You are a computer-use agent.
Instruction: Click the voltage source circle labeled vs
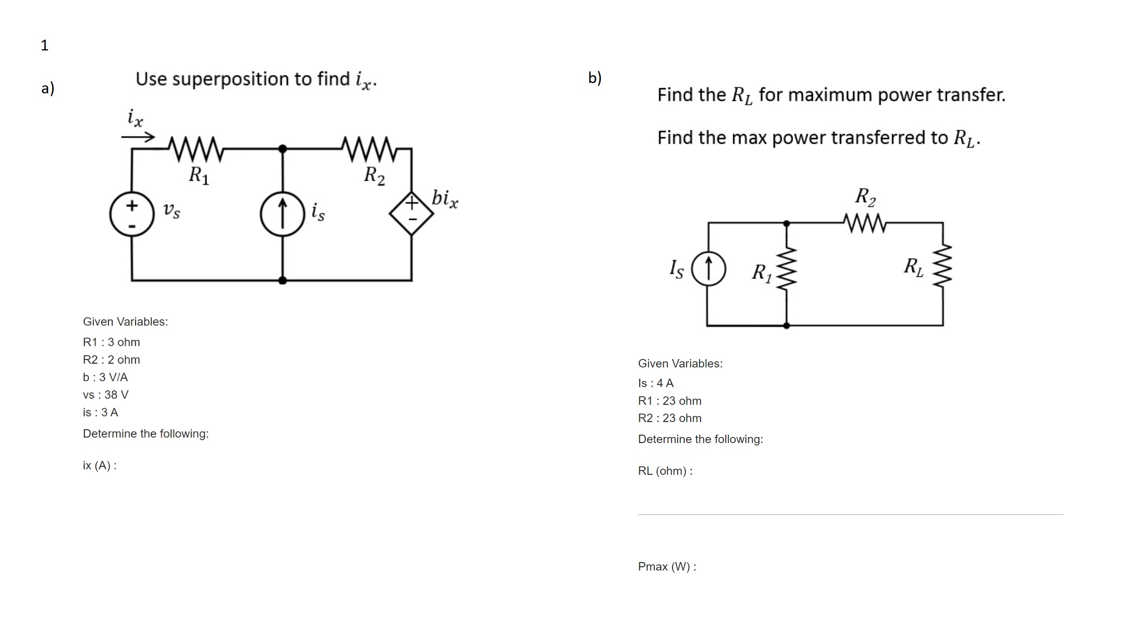132,214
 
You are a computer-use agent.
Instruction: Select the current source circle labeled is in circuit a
282,214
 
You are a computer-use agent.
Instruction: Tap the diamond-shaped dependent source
411,213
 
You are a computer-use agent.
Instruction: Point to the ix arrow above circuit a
137,137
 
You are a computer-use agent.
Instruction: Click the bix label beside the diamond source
445,198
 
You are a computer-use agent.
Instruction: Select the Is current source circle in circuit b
708,269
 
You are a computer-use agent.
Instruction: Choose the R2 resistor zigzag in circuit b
865,223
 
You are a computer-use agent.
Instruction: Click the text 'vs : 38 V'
106,395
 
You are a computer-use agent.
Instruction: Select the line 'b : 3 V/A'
105,377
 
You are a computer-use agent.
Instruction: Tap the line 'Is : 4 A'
656,383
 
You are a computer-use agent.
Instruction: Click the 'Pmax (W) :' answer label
667,567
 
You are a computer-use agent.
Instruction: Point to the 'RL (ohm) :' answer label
665,471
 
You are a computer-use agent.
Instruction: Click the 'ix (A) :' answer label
100,465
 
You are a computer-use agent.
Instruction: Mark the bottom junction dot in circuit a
282,280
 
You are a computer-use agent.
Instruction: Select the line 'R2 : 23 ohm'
670,418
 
